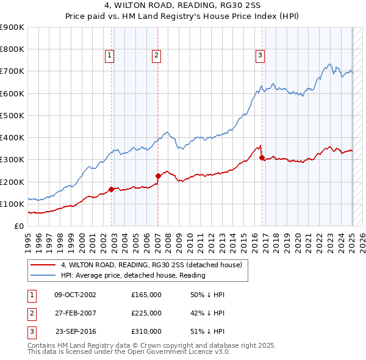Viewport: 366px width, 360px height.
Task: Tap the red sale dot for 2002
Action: tap(112, 189)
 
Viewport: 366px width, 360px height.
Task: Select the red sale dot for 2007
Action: tap(158, 176)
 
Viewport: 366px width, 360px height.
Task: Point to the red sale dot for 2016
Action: tap(262, 157)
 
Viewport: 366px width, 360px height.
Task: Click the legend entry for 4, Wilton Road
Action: tap(151, 265)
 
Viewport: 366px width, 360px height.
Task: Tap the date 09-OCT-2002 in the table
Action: tap(75, 295)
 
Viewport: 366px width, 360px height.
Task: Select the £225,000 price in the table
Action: tap(146, 313)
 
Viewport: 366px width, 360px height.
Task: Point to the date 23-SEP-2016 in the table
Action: tap(75, 331)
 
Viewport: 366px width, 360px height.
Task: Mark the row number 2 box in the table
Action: tap(30, 313)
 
